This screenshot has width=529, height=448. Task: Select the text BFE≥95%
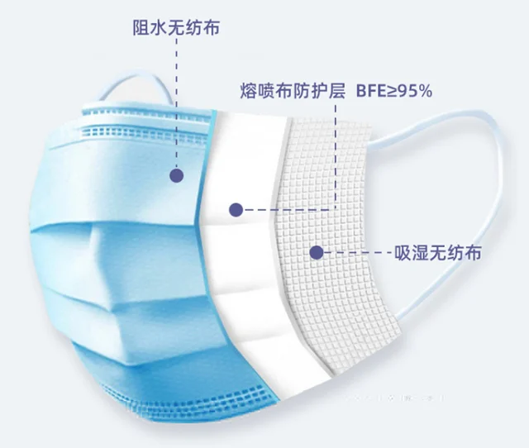395,90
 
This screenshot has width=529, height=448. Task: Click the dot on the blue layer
176,174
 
